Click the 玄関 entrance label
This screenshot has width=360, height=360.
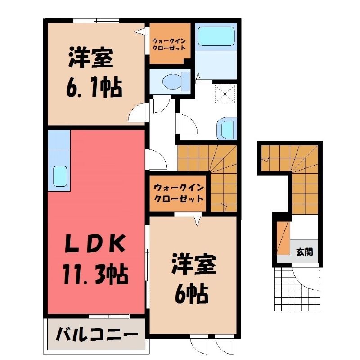[304, 252]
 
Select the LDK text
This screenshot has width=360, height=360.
[95, 243]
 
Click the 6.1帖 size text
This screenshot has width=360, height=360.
[94, 87]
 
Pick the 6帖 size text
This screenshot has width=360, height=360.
[192, 294]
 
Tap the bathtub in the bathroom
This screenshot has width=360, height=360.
[216, 36]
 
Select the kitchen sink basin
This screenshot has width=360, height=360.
[60, 176]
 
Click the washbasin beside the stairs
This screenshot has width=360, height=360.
[226, 129]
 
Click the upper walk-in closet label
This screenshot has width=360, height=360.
[169, 45]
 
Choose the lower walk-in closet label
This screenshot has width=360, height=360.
[179, 193]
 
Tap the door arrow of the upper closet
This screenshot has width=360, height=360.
[140, 31]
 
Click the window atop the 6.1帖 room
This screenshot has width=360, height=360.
[96, 20]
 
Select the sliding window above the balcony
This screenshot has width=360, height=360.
[109, 316]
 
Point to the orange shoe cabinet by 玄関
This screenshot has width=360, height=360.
[283, 238]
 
